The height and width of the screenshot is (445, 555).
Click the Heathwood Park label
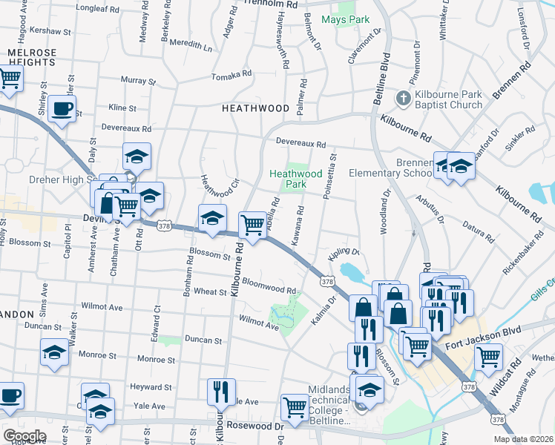295,179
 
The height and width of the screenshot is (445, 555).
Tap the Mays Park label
344,19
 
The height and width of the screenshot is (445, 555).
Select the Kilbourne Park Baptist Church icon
402,98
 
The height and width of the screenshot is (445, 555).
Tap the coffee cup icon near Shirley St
62,110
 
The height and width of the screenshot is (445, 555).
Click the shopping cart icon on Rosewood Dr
295,407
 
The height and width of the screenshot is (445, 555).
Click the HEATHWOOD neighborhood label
255,108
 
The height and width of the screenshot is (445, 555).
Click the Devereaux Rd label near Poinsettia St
301,142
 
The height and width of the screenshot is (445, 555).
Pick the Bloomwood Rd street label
269,286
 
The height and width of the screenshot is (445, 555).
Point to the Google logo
24,436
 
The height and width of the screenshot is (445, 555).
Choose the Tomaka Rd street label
231,76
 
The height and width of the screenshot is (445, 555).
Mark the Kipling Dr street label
344,254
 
